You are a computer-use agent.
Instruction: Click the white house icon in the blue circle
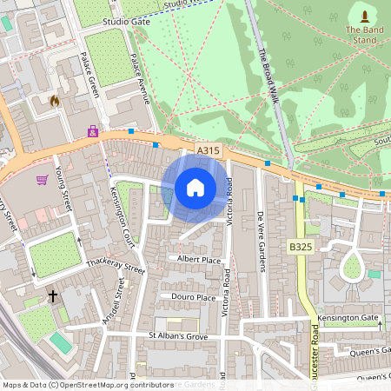(x=195, y=188)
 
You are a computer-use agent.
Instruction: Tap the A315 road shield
(x=209, y=150)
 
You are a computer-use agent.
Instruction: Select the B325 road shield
(x=301, y=248)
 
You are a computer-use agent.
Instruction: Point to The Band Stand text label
(x=363, y=35)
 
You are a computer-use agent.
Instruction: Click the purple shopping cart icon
(x=42, y=180)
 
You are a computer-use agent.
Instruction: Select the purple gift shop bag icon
(x=92, y=131)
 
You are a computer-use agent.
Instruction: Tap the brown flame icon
(x=54, y=101)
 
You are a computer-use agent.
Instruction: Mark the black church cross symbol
(x=52, y=296)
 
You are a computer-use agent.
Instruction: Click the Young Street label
(x=63, y=190)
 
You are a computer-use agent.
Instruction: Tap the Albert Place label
(x=199, y=259)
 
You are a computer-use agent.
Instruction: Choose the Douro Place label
(x=193, y=297)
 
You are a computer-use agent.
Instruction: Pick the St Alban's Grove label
(x=179, y=335)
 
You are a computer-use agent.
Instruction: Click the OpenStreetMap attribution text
(x=87, y=384)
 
